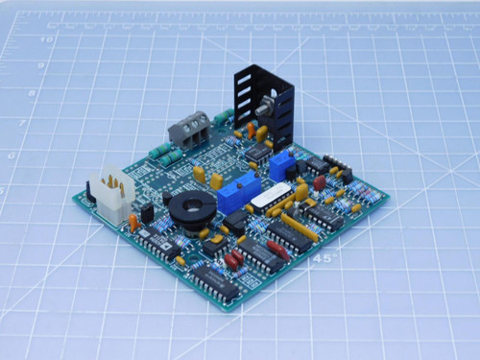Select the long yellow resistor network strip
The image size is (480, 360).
pos(299,227)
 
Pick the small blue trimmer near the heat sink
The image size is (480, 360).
pos(281,166)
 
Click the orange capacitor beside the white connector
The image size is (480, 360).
pos(133,223)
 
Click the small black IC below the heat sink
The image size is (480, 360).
pos(255,151)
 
